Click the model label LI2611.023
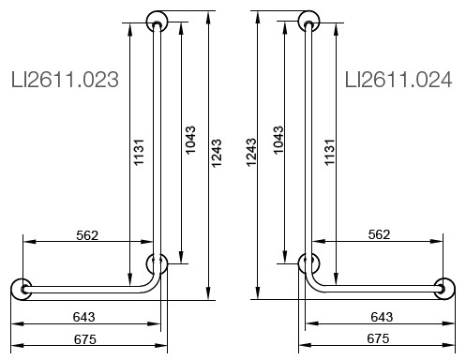(65, 80)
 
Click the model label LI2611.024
(398, 80)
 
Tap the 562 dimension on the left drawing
(87, 235)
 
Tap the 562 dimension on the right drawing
(379, 234)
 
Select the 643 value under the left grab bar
(83, 317)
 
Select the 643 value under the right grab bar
(382, 317)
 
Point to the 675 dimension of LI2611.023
(85, 339)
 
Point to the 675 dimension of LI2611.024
(378, 338)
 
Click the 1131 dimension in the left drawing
(139, 152)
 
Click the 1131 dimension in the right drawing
(329, 152)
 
